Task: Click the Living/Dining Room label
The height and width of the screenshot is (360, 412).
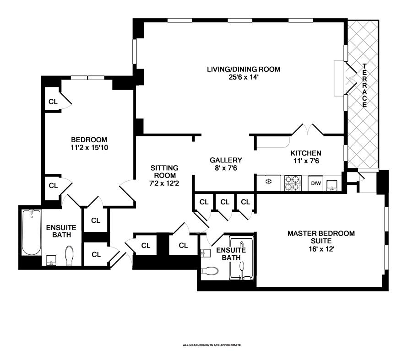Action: point(243,70)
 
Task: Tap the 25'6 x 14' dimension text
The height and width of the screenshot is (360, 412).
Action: point(243,77)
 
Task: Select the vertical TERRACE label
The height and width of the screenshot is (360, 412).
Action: point(365,85)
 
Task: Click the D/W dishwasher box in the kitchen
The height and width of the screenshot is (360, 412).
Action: point(316,183)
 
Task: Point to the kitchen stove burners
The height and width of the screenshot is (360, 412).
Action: point(292,183)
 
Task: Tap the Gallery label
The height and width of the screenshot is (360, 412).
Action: point(226,160)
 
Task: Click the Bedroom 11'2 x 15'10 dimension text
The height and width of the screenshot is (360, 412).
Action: point(89,148)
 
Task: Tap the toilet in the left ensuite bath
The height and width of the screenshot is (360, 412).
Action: point(69,255)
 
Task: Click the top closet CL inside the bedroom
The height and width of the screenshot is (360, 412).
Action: point(53,102)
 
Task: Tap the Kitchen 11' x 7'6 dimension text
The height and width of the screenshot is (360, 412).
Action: point(306,161)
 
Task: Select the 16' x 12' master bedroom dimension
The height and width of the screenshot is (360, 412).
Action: point(321,249)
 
